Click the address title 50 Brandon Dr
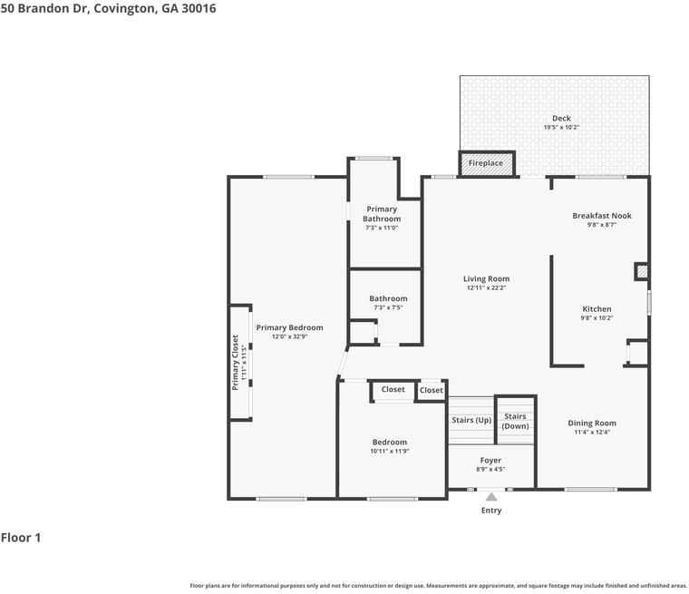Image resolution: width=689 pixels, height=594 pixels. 108,8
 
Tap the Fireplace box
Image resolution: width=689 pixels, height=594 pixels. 486,163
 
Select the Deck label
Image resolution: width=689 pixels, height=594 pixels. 561,118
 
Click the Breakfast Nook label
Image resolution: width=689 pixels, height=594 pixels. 601,216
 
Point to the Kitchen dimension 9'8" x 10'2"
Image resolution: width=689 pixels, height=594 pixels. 597,318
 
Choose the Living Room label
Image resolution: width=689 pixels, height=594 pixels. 486,279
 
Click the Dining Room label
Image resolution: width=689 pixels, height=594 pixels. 592,424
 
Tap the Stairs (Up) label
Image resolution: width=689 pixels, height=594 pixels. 471,421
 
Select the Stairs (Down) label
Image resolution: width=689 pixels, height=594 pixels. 515,421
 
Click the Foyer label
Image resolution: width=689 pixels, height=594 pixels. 490,461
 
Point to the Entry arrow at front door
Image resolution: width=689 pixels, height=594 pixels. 490,496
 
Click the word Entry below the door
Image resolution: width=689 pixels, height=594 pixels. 490,511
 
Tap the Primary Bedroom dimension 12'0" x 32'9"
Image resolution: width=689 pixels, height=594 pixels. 289,336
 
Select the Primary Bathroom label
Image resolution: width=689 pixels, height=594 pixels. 382,214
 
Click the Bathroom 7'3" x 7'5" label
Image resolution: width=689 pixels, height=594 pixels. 388,298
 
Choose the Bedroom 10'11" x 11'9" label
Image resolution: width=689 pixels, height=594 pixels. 389,443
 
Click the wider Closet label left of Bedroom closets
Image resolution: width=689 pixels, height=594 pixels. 393,390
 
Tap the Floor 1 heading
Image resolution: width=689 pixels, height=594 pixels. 21,538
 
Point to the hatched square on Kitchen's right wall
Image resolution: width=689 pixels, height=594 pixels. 642,271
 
